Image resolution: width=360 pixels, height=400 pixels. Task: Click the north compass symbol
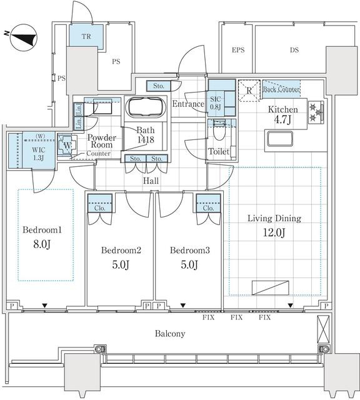[x=24, y=37]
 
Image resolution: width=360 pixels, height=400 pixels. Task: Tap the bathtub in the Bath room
[x=146, y=107]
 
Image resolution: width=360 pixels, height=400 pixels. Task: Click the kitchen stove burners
[x=316, y=112]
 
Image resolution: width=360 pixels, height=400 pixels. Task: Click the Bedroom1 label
[x=42, y=230]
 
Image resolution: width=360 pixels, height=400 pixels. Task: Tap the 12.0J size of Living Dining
[x=274, y=232]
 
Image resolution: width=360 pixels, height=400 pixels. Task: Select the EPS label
[x=238, y=50]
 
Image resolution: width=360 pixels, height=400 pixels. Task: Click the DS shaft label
[x=294, y=50]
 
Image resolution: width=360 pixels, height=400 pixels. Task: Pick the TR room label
[x=86, y=36]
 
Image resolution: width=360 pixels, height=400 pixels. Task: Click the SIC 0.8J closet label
[x=216, y=102]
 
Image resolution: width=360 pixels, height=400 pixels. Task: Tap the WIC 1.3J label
[x=39, y=154]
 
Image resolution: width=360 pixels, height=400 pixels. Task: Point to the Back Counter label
[x=281, y=89]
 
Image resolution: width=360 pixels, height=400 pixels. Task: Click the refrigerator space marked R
[x=249, y=91]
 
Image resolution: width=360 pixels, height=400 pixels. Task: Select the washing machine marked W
[x=67, y=146]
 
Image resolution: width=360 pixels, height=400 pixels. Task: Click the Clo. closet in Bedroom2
[x=100, y=203]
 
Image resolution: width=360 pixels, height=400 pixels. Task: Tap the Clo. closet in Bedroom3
[x=209, y=203]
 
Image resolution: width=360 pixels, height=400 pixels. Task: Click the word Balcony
[x=170, y=334]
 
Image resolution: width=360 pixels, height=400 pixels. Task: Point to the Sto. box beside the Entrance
[x=159, y=86]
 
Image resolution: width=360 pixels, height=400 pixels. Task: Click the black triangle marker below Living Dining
[x=291, y=306]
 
